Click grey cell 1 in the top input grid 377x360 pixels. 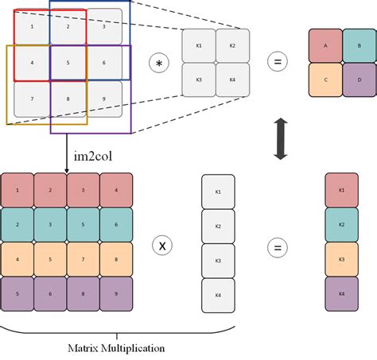pyautogui.click(x=30, y=26)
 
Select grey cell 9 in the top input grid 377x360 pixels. pyautogui.click(x=104, y=99)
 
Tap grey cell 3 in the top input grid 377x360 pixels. pyautogui.click(x=104, y=26)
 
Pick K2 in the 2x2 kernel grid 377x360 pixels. pyautogui.click(x=233, y=45)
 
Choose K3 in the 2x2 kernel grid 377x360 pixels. pyautogui.click(x=198, y=80)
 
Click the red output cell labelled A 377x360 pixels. pyautogui.click(x=326, y=45)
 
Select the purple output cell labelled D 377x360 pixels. pyautogui.click(x=360, y=80)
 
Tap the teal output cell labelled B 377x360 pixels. pyautogui.click(x=360, y=45)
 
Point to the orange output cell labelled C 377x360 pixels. pyautogui.click(x=326, y=80)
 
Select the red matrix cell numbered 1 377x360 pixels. pyautogui.click(x=17, y=191)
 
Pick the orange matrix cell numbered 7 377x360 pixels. pyautogui.click(x=83, y=258)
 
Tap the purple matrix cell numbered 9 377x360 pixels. pyautogui.click(x=116, y=292)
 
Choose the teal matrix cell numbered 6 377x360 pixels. pyautogui.click(x=116, y=225)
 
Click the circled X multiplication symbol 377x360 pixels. pyautogui.click(x=162, y=246)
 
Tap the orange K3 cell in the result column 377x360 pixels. pyautogui.click(x=341, y=259)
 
